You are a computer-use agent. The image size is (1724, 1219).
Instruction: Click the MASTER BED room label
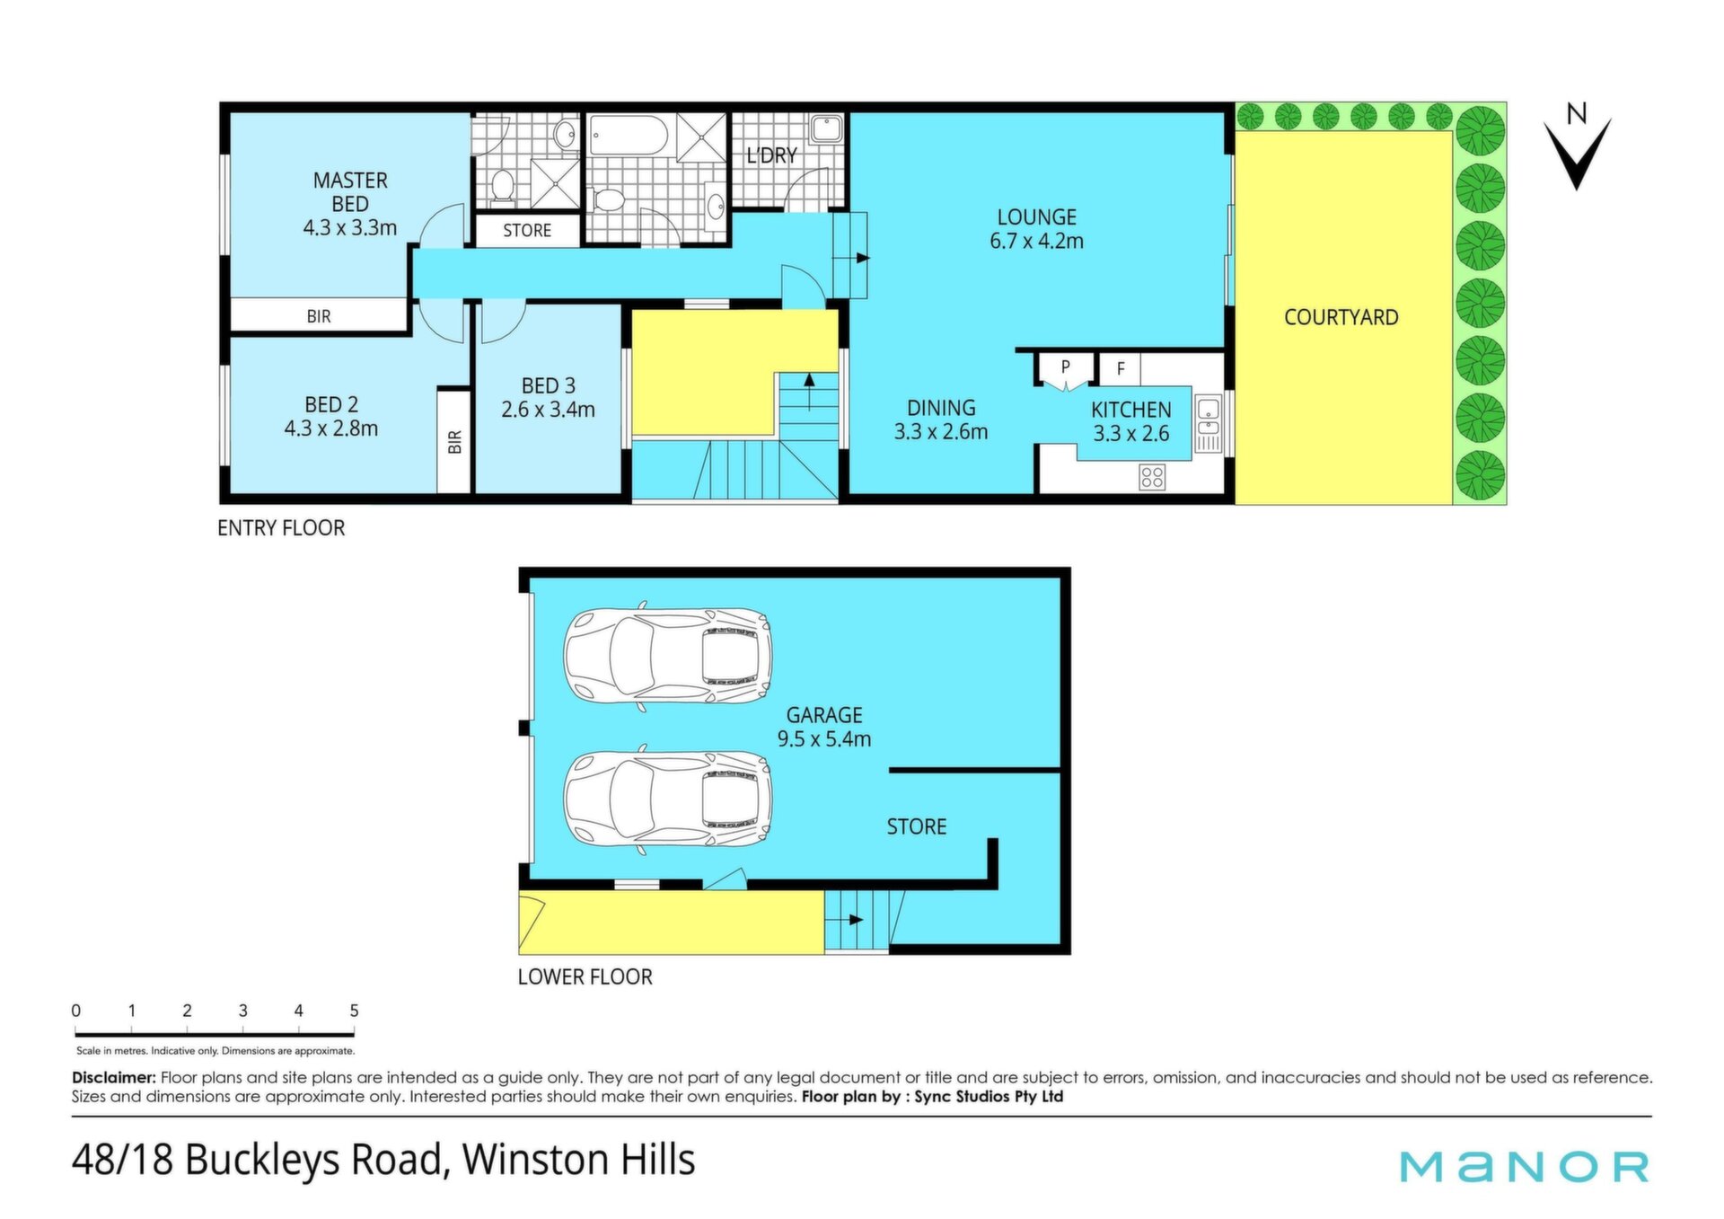click(x=350, y=192)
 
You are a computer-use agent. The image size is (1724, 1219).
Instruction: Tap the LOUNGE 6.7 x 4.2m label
click(x=1036, y=229)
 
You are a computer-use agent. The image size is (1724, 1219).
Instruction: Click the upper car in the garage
click(x=668, y=656)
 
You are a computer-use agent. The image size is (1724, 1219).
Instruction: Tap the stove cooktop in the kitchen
click(x=1152, y=477)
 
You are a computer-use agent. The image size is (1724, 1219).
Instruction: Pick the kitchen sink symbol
click(x=1209, y=424)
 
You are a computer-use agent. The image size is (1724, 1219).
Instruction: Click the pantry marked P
click(x=1066, y=368)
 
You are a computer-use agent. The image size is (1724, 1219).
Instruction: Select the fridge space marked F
click(x=1120, y=368)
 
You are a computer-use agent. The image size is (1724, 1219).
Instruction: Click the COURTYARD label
click(x=1341, y=317)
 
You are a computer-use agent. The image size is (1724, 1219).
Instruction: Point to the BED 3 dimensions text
click(x=548, y=410)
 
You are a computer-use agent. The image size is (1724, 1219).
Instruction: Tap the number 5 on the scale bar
click(x=354, y=1011)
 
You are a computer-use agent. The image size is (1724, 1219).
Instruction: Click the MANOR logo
click(x=1525, y=1166)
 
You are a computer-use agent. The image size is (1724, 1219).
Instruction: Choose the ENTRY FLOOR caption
click(x=281, y=527)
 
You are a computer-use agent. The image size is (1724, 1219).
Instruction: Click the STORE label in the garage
click(x=916, y=826)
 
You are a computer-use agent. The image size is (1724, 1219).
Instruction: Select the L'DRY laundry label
click(x=771, y=155)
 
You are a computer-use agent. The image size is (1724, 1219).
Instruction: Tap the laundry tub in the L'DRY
click(x=826, y=129)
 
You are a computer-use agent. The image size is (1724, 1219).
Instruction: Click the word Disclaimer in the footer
click(x=114, y=1077)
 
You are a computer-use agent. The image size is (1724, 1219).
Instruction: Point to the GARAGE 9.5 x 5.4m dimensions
click(x=824, y=739)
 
